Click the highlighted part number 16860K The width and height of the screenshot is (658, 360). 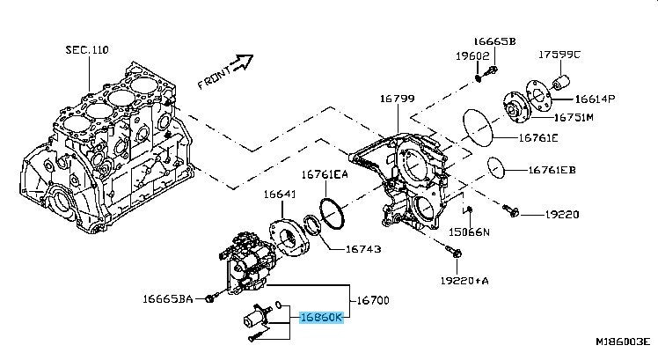321,318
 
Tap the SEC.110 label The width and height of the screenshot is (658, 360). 87,50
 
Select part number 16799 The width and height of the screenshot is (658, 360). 398,99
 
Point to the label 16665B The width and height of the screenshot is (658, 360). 494,41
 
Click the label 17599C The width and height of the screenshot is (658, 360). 559,55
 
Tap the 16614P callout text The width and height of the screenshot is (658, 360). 595,99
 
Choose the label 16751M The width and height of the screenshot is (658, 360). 574,117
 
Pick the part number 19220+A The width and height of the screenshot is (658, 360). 464,280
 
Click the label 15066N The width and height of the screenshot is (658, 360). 469,231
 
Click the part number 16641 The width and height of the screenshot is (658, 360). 280,194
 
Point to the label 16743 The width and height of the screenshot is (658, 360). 363,249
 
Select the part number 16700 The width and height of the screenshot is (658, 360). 373,300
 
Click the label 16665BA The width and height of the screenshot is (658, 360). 168,298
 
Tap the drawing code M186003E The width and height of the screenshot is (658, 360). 623,342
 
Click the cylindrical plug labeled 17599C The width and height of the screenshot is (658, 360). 561,83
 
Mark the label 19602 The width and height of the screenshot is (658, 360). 473,55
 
